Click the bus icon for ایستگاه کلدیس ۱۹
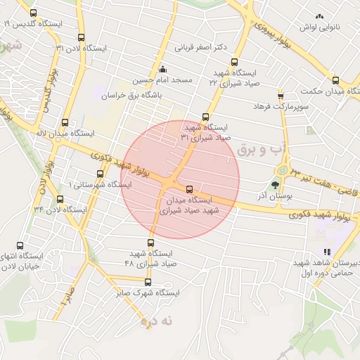coord(33,13)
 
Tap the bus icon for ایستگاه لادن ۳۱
coord(81,38)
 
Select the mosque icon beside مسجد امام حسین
coord(163,69)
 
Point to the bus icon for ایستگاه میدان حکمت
coord(335,80)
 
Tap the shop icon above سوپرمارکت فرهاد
coord(281,95)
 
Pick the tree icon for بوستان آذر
coord(275,186)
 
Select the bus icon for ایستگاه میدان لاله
coord(65,122)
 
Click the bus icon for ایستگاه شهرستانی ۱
coord(98,174)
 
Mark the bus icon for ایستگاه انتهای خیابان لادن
coord(20,245)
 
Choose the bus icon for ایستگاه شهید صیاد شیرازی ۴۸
coord(148,243)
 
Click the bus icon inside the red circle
coord(189,189)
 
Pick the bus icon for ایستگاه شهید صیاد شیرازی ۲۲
coord(234,61)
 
